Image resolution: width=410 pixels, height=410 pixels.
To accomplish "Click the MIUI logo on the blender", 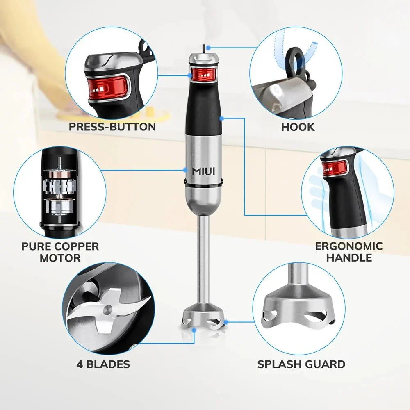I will point(203,171).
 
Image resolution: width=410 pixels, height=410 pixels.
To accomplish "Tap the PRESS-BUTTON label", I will point(112,127).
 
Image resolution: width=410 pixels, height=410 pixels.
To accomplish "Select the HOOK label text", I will point(298,127).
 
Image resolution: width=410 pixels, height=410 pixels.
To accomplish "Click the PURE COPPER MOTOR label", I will point(60,252).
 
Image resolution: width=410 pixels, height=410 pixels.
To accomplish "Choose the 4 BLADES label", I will point(103,364).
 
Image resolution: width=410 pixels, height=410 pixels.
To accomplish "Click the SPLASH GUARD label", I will point(301,364).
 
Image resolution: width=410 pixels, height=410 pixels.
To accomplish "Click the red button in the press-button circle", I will point(107,87).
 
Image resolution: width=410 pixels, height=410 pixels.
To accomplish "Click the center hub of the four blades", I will point(107,308).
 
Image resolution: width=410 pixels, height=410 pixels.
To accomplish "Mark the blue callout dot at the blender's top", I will point(209,48).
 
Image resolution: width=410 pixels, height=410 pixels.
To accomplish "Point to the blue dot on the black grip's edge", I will point(221,118).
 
